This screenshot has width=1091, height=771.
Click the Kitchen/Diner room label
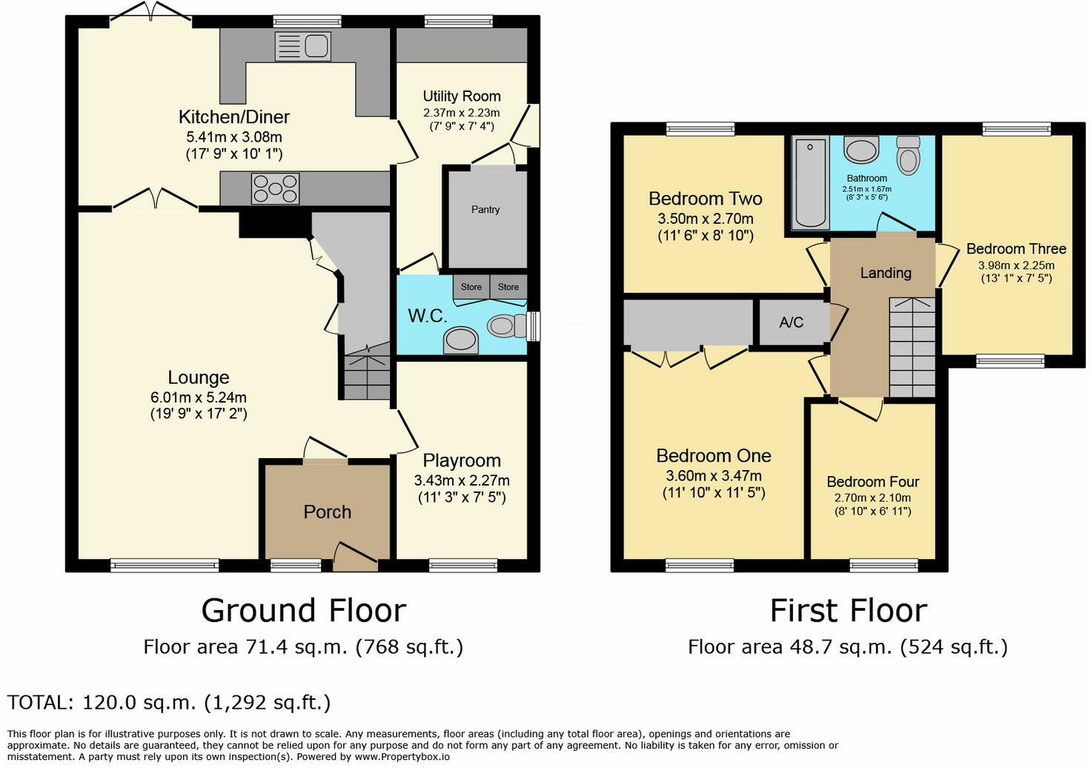pos(233,117)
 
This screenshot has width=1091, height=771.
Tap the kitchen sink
pos(303,46)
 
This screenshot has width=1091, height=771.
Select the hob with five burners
pos(275,188)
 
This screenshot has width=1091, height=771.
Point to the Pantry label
pos(485,210)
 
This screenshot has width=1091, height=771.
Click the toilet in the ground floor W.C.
pos(506,325)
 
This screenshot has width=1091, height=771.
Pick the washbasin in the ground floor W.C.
pos(460,340)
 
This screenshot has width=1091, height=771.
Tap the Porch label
pos(328,512)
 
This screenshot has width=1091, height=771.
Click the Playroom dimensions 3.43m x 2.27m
pos(462,480)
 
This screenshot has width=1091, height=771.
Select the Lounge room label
pos(198,377)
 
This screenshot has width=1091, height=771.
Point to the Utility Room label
pos(462,96)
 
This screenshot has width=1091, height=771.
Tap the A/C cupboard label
pos(792,322)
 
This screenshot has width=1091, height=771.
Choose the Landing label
pos(886,273)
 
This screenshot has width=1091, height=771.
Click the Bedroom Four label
pos(873,482)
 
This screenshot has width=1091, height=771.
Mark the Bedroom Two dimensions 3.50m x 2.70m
pos(706,219)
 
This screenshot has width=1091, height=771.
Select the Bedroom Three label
pos(1016,249)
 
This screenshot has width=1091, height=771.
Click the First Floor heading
pos(849,610)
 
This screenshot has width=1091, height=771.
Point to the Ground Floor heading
pos(304,610)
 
